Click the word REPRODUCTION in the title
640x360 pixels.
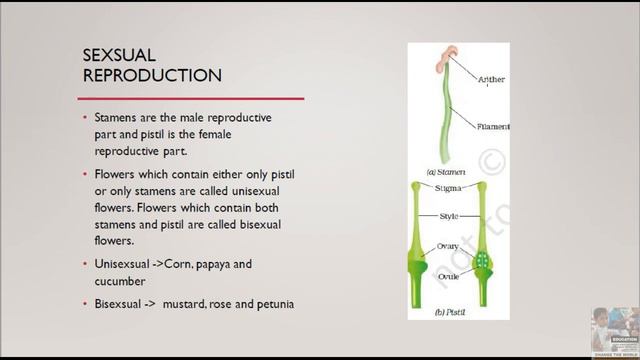coord(152,75)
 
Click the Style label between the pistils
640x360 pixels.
coord(450,216)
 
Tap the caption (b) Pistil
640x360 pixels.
coord(452,314)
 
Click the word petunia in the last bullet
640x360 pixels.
coord(273,303)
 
